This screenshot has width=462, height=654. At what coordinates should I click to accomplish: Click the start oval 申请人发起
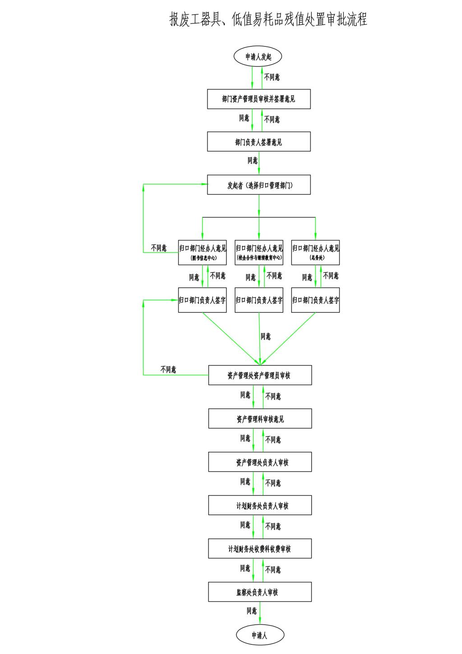pyautogui.click(x=258, y=57)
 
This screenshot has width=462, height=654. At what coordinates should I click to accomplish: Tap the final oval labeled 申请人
pyautogui.click(x=260, y=635)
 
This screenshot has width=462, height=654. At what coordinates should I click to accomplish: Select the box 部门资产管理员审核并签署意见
pyautogui.click(x=259, y=99)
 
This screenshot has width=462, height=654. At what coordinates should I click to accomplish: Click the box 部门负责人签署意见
pyautogui.click(x=259, y=142)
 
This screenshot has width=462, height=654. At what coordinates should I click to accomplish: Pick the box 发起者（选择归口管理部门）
pyautogui.click(x=259, y=185)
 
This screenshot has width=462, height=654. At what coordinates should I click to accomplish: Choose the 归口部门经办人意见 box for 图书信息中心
pyautogui.click(x=202, y=252)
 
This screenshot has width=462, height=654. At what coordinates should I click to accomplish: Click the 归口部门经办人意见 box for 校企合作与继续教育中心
pyautogui.click(x=259, y=252)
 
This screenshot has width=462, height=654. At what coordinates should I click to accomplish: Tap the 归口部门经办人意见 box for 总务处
pyautogui.click(x=315, y=252)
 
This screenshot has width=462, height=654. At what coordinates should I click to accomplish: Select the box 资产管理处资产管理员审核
pyautogui.click(x=260, y=375)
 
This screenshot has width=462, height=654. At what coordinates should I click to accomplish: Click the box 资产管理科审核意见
pyautogui.click(x=260, y=418)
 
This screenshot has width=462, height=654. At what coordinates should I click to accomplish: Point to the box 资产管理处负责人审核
pyautogui.click(x=260, y=462)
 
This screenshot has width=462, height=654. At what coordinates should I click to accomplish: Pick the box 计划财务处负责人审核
pyautogui.click(x=260, y=506)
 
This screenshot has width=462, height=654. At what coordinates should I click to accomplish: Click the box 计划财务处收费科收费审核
pyautogui.click(x=260, y=549)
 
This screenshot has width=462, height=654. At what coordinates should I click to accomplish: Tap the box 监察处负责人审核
pyautogui.click(x=260, y=592)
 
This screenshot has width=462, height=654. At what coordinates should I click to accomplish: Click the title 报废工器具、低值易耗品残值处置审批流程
pyautogui.click(x=268, y=19)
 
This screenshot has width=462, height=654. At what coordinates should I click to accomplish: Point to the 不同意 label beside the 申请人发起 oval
pyautogui.click(x=272, y=77)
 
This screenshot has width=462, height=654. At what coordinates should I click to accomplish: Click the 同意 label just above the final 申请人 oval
pyautogui.click(x=252, y=611)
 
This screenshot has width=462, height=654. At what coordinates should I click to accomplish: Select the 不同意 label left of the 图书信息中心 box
pyautogui.click(x=159, y=248)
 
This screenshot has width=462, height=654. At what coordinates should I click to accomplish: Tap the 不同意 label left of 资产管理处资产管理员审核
pyautogui.click(x=168, y=370)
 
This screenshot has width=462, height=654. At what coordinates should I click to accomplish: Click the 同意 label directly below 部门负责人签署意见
pyautogui.click(x=252, y=160)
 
